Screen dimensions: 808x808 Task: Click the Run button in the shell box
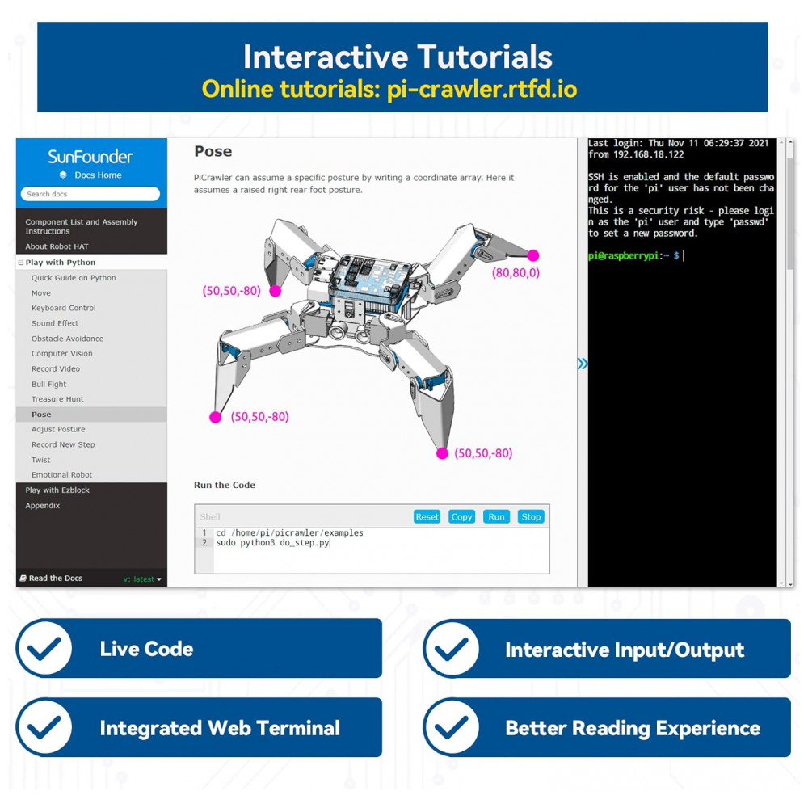click(x=496, y=516)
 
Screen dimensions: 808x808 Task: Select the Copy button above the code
click(x=461, y=516)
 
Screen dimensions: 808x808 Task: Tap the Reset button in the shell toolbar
click(x=427, y=516)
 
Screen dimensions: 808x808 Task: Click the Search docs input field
click(x=90, y=194)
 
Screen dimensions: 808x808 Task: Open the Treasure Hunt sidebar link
click(x=57, y=399)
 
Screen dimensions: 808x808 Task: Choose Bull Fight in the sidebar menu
click(x=49, y=384)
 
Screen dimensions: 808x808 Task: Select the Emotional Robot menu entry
click(x=62, y=474)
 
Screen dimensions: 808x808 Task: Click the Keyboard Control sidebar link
click(x=63, y=308)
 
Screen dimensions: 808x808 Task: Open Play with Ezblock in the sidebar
click(x=57, y=490)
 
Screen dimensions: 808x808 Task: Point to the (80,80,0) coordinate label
click(x=516, y=272)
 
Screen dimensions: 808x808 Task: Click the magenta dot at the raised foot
click(x=532, y=255)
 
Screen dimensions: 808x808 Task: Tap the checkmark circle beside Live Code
click(x=44, y=648)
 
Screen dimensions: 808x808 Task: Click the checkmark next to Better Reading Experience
click(x=451, y=727)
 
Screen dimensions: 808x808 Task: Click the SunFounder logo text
click(x=90, y=157)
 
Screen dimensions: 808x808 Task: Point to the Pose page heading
click(x=213, y=152)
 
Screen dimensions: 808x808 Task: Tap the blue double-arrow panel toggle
click(x=583, y=364)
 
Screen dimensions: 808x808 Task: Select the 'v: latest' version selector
click(x=142, y=579)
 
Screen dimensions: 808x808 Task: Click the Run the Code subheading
click(x=224, y=485)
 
